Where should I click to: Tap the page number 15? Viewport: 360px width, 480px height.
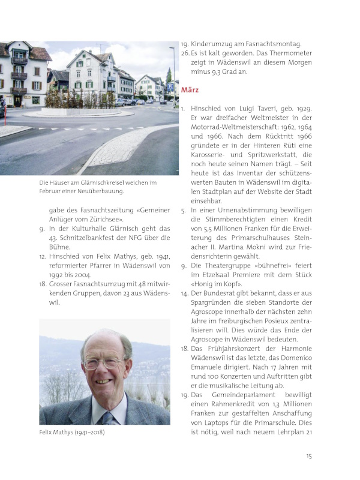pyautogui.click(x=309, y=456)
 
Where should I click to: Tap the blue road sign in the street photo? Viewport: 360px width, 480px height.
pyautogui.click(x=170, y=87)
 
